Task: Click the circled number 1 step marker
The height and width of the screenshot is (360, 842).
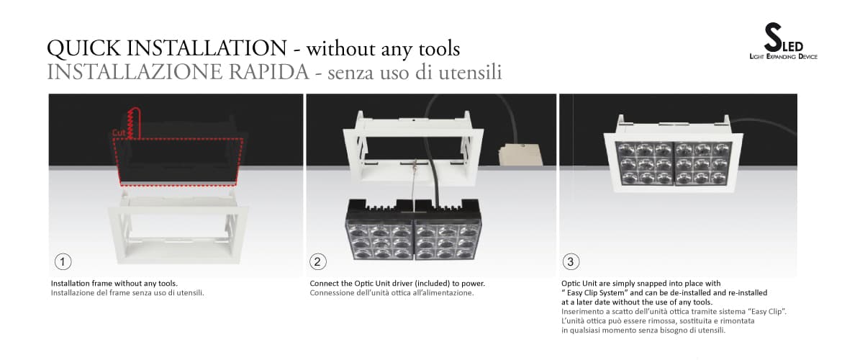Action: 63,260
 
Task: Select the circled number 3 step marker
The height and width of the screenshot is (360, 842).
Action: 570,260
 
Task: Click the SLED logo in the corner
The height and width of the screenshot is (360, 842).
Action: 783,42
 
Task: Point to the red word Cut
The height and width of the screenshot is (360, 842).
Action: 119,133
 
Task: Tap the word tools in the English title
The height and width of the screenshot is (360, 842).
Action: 434,49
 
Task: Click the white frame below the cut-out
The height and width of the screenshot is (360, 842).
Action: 177,234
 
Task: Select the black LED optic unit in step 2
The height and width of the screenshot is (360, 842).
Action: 413,230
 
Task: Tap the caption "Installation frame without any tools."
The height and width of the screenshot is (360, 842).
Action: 114,283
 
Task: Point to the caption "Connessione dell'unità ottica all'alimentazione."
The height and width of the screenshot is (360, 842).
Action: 391,293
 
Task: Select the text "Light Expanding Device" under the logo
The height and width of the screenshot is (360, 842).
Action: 783,56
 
